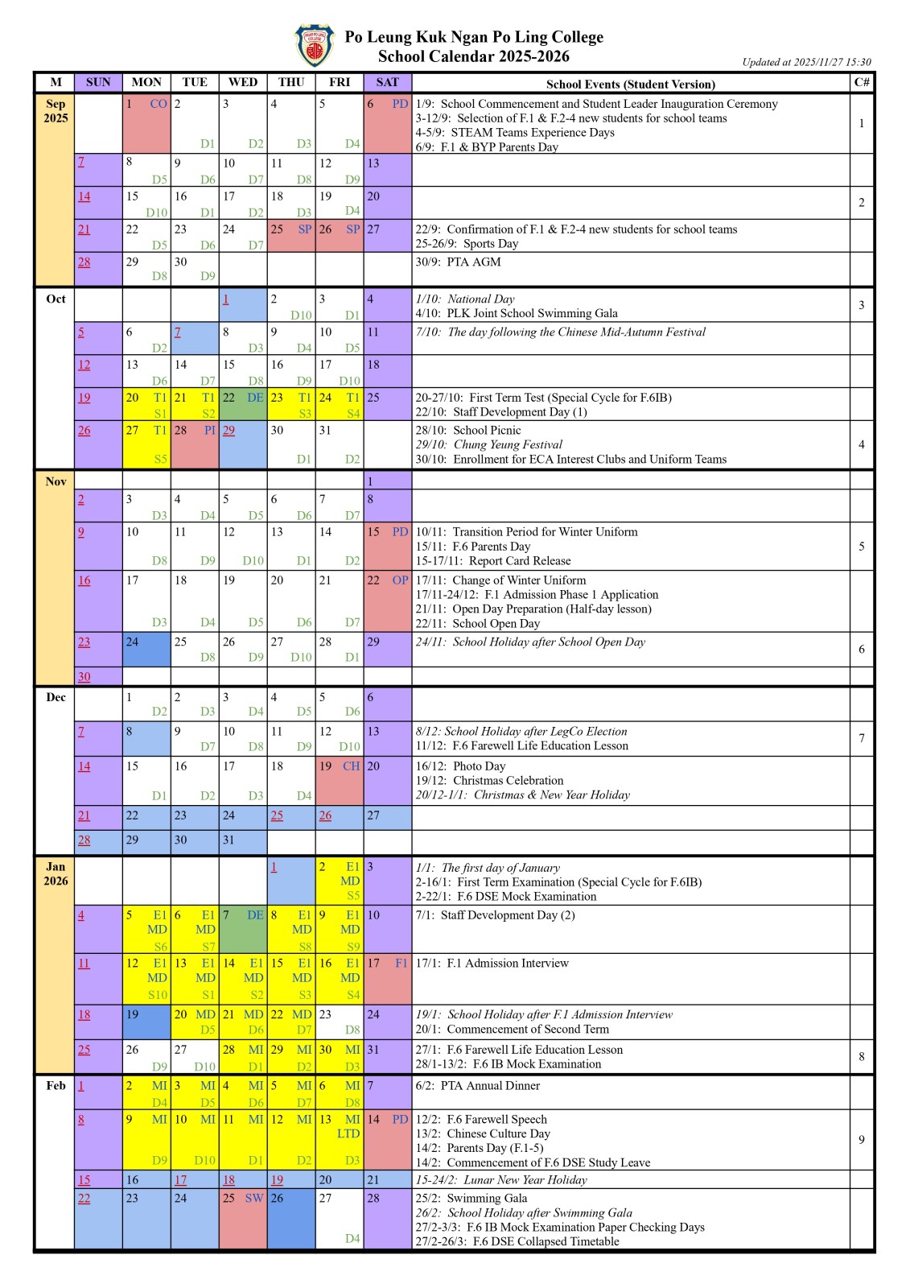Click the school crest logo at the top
(x=315, y=46)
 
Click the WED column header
(x=243, y=82)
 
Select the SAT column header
(x=387, y=82)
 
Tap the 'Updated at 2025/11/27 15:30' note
(x=806, y=62)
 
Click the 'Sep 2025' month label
(x=56, y=111)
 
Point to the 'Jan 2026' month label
(x=56, y=873)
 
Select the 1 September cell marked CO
(x=146, y=123)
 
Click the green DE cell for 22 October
(x=243, y=405)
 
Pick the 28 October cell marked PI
(x=195, y=444)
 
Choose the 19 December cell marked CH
(x=340, y=780)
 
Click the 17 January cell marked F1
(x=387, y=978)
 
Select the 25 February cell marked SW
(x=243, y=1219)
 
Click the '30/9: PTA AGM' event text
(x=458, y=262)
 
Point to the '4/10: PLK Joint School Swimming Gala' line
(x=517, y=314)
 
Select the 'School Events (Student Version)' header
(x=630, y=84)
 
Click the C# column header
(x=862, y=82)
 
